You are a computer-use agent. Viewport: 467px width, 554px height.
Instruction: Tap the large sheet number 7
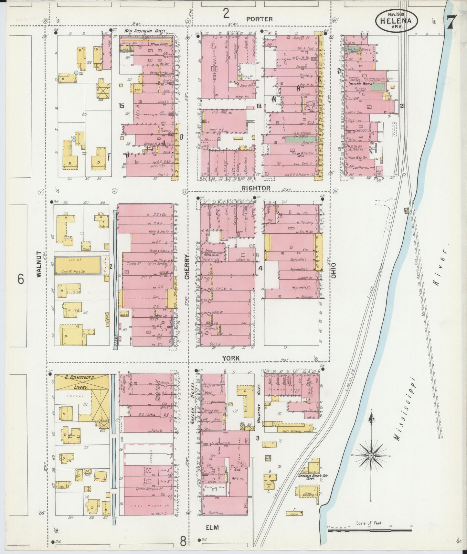(x=451, y=22)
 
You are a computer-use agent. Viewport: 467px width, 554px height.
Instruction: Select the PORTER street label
(x=259, y=19)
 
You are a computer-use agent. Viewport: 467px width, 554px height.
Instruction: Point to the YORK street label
(x=231, y=358)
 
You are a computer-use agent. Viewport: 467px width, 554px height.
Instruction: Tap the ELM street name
(x=212, y=527)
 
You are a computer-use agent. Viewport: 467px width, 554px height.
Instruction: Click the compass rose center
(x=371, y=455)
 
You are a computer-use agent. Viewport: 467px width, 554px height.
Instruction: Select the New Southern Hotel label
(x=145, y=31)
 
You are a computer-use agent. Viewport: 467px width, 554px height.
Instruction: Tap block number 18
(x=259, y=106)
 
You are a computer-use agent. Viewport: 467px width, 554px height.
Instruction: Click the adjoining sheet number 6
(x=21, y=279)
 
